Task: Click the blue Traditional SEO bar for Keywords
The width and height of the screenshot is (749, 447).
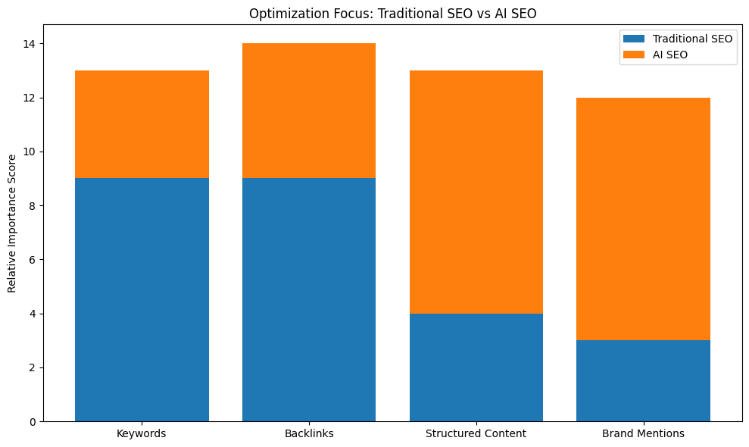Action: [x=142, y=299]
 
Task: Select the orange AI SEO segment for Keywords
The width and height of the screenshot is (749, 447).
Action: [x=142, y=124]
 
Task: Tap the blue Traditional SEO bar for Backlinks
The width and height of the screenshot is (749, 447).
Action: [x=309, y=299]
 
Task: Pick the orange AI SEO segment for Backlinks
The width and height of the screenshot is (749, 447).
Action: [x=309, y=111]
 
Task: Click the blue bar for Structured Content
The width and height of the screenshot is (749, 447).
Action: [x=476, y=367]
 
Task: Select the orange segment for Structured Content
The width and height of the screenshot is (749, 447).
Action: [x=476, y=192]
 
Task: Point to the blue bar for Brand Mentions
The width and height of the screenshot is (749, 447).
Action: [x=643, y=380]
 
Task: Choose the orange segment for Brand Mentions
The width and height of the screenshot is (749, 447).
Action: [x=643, y=219]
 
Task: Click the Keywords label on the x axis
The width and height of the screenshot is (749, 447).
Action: [x=142, y=434]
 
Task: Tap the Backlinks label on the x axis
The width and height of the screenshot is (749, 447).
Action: [x=309, y=434]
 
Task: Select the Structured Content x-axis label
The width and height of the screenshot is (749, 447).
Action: [x=476, y=434]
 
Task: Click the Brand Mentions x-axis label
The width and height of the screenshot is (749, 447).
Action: [x=643, y=434]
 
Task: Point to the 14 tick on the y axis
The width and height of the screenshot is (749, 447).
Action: [x=30, y=44]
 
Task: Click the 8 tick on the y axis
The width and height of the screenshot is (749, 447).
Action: [x=33, y=205]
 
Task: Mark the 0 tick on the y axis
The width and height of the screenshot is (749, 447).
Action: [x=33, y=421]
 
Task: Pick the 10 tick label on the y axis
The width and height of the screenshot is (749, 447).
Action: [x=30, y=152]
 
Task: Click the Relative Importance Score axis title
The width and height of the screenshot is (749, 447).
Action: [x=11, y=223]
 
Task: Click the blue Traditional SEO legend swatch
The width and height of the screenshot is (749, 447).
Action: [x=634, y=38]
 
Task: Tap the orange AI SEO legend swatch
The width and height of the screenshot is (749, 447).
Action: [x=634, y=55]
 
